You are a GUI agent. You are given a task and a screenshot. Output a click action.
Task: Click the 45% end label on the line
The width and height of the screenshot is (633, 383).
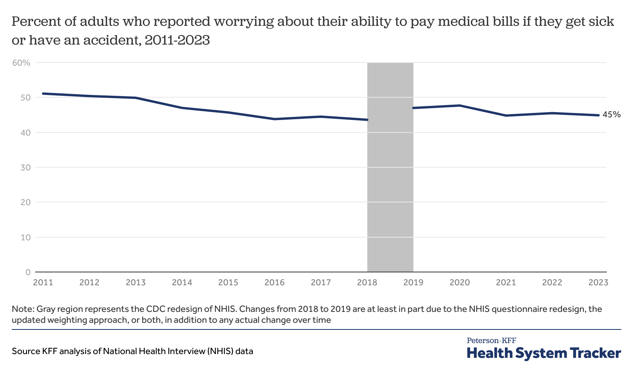612,115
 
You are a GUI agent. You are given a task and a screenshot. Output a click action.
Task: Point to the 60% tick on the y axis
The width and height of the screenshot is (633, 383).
22,63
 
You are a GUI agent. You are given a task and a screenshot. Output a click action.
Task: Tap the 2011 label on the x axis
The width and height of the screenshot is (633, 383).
43,283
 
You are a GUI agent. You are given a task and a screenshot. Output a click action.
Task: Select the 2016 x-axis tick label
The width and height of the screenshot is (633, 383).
274,283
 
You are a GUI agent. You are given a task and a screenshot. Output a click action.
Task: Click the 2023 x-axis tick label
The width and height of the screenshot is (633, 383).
598,283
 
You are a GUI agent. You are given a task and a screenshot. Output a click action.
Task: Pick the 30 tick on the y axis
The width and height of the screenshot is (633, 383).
25,167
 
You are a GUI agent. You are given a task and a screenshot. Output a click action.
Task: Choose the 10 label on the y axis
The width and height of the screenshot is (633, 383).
25,237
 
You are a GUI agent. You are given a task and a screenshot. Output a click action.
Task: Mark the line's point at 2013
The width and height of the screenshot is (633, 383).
136,98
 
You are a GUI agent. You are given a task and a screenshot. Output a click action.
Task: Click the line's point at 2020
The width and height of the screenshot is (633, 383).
460,106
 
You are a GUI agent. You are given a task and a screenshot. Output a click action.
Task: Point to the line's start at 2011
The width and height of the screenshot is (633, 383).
43,93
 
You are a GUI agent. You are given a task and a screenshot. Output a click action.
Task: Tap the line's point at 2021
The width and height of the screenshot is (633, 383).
506,116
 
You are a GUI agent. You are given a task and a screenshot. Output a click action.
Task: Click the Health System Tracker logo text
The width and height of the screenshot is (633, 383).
544,353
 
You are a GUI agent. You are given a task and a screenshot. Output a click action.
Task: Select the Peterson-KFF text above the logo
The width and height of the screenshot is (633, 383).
492,341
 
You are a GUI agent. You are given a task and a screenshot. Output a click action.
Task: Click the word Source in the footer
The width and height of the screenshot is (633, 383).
26,351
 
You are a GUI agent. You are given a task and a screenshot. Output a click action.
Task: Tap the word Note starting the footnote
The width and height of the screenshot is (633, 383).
22,309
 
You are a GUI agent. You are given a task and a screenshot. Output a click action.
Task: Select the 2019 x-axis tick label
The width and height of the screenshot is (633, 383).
413,283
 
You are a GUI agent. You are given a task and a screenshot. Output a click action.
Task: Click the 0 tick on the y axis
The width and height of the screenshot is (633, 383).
28,272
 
